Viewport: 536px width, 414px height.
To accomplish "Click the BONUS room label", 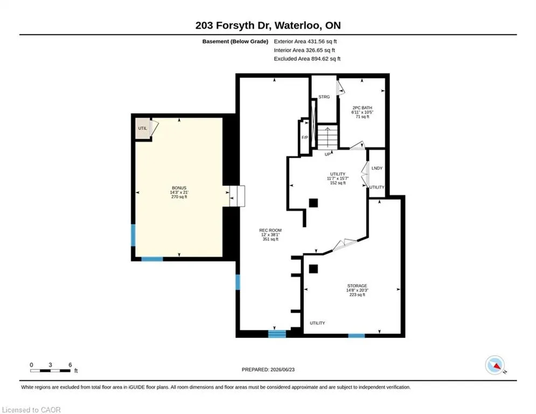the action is coord(179,188).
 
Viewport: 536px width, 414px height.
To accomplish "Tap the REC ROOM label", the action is coord(270,230).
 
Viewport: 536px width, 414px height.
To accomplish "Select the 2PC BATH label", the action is coord(363,108).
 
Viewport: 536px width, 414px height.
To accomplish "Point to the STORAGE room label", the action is coord(357,286).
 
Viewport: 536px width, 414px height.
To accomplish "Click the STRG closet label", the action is coord(324,97).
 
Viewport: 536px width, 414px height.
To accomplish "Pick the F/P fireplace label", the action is coord(304,137).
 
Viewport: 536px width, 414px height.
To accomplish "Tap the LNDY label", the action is coord(377,168).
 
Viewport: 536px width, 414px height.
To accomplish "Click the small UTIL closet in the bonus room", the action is coord(143,128).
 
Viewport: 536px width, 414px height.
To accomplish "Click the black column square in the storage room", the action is coord(314,269).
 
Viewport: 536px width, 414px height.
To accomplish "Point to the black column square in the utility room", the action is coord(314,203).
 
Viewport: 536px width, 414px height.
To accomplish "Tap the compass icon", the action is coord(495,365).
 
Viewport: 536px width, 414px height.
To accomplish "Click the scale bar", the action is coord(50,370).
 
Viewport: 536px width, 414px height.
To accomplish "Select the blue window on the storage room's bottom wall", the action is coord(357,336).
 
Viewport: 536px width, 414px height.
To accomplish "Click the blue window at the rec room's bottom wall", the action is coord(277,334).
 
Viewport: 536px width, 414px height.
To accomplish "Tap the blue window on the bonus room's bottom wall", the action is coord(152,259).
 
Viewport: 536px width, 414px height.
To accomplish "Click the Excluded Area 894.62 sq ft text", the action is coord(307,59).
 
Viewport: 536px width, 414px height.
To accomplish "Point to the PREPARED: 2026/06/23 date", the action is coord(268,369).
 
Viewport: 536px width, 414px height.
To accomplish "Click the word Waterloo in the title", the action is coord(297,26).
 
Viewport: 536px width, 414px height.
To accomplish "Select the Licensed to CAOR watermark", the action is coord(31,410).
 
